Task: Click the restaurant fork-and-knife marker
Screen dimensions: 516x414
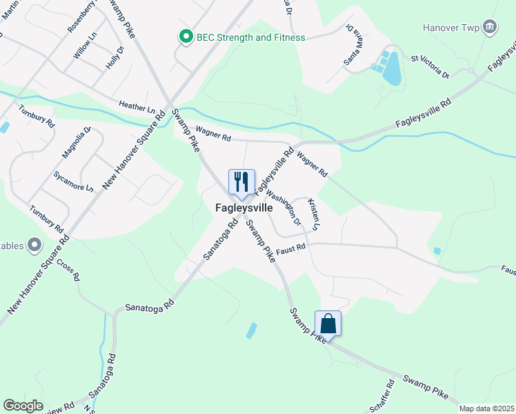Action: point(241,182)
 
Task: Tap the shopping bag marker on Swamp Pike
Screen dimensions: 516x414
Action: point(328,323)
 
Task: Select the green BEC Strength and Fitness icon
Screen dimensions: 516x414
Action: point(186,37)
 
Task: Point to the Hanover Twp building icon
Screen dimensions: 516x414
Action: point(490,27)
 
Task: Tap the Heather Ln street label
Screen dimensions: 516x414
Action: point(137,107)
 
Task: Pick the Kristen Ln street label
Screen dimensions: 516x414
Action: point(314,214)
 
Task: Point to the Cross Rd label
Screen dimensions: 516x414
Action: point(69,270)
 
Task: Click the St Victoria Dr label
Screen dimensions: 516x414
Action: point(430,68)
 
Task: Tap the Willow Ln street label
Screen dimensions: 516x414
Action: point(85,48)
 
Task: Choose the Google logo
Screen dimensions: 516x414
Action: point(23,406)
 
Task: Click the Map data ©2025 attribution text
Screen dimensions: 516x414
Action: point(486,408)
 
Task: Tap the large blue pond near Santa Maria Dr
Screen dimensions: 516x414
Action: point(391,68)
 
